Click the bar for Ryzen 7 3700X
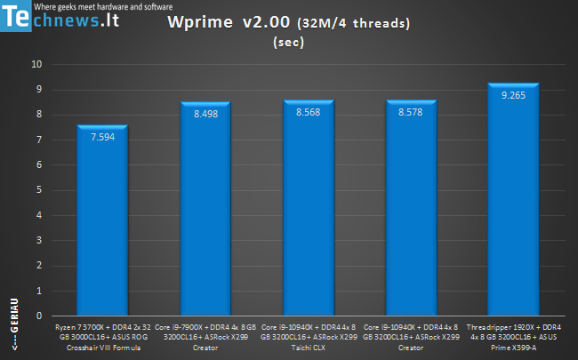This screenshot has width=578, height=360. pos(103,222)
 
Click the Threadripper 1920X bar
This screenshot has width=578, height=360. pos(513,204)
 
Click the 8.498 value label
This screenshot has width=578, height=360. pos(205,113)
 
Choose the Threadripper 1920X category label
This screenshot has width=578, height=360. pos(513,338)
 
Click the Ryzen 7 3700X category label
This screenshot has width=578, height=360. pos(103,338)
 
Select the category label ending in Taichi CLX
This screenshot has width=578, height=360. pos(309,338)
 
